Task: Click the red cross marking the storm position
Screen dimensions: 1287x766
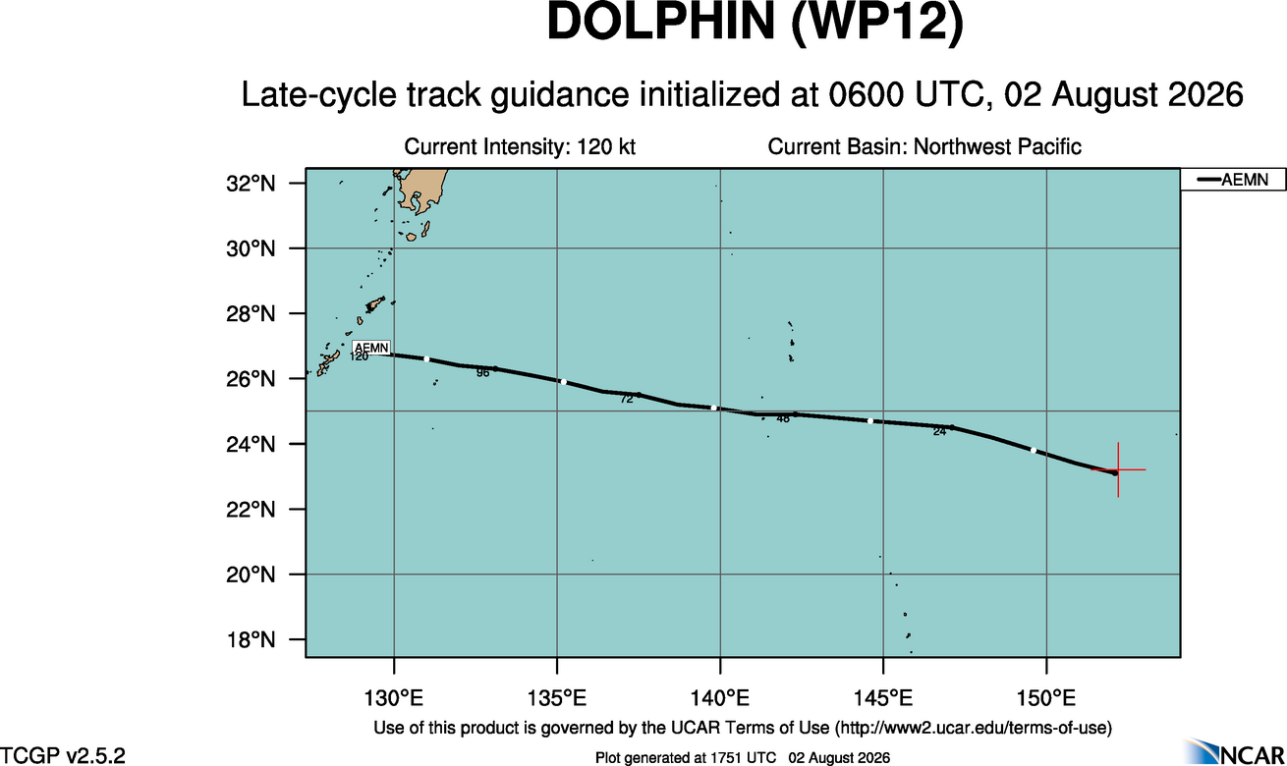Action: (x=1118, y=469)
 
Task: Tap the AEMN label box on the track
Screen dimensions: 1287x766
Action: (x=371, y=348)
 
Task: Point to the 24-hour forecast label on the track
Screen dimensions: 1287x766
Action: (x=939, y=432)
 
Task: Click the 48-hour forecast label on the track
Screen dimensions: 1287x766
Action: (x=783, y=419)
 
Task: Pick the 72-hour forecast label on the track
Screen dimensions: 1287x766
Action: (x=627, y=399)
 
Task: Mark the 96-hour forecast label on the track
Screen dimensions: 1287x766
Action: (x=482, y=373)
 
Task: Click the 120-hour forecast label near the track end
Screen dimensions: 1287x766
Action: (x=360, y=356)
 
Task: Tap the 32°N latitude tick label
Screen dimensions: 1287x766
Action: (x=251, y=184)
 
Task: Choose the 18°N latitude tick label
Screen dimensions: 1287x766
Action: (x=251, y=639)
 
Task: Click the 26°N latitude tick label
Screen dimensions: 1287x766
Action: (x=251, y=379)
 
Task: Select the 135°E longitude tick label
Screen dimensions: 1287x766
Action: (x=557, y=697)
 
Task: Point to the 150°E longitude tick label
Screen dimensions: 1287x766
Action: (x=1046, y=697)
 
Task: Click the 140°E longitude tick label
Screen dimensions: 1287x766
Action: (x=720, y=697)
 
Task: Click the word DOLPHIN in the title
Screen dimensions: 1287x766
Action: (x=661, y=22)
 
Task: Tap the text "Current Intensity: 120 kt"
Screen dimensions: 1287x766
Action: (x=520, y=147)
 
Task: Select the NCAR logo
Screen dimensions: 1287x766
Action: (x=1235, y=751)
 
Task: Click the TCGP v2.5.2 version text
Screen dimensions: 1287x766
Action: (x=63, y=755)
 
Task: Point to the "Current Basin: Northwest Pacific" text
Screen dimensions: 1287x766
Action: (x=924, y=147)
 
